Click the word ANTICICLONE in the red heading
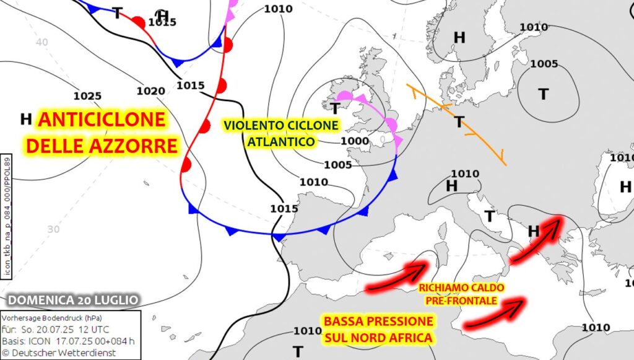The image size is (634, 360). tap(102, 120)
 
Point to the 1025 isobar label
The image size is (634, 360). tap(87, 96)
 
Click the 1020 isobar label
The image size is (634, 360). tap(150, 91)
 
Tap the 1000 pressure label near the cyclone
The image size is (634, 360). tap(355, 141)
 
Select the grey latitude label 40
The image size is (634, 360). tap(42, 42)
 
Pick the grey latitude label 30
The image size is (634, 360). tap(53, 229)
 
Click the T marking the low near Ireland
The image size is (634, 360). tap(334, 109)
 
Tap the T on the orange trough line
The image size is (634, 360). tap(459, 121)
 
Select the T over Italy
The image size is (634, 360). tap(489, 216)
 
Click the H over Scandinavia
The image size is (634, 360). tap(459, 38)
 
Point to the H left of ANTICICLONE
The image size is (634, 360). tap(26, 118)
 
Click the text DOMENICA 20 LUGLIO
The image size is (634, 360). tap(73, 300)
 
